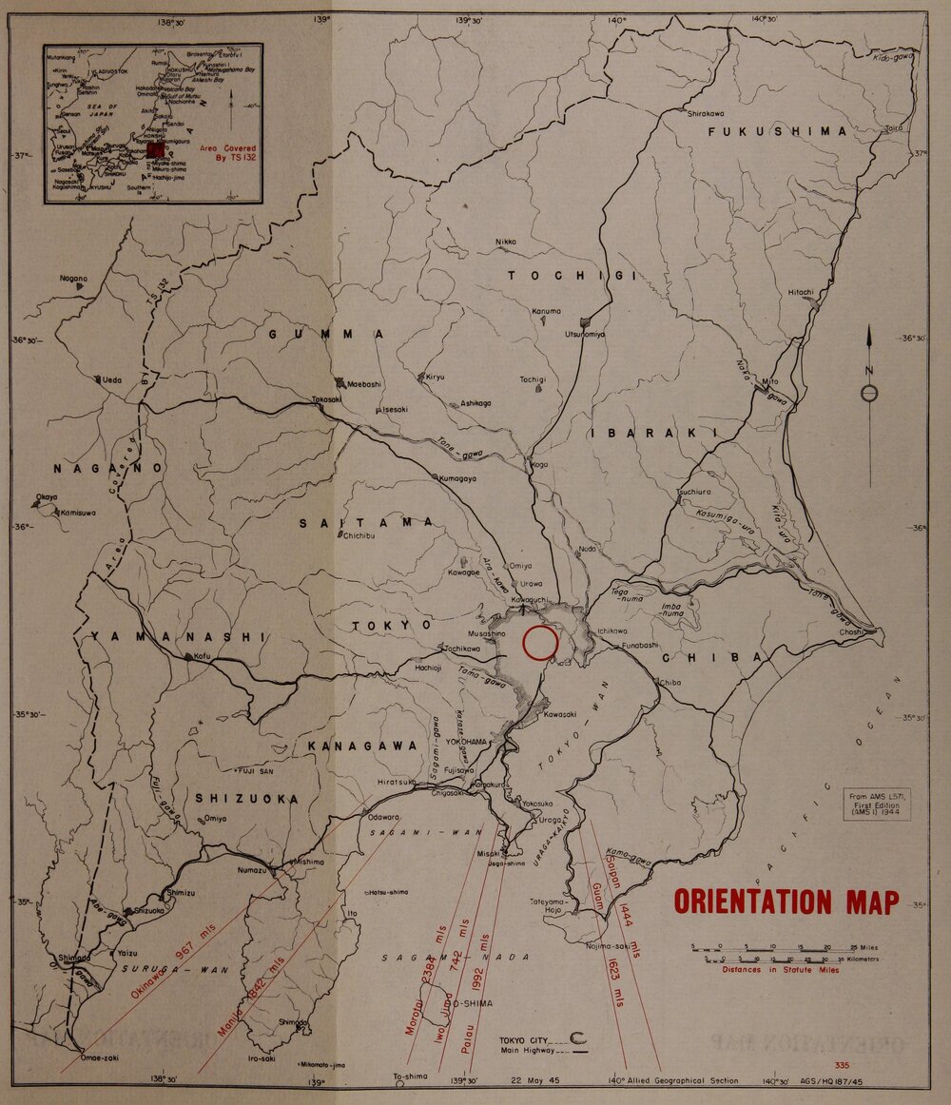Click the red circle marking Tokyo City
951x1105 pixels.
[x=540, y=643]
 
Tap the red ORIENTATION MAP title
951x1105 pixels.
[x=786, y=901]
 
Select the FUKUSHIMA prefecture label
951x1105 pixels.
[x=778, y=131]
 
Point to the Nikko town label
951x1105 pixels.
[x=506, y=242]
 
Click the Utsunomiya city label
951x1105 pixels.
[x=585, y=335]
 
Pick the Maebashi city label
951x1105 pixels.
[x=362, y=384]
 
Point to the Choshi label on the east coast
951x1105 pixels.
[x=850, y=632]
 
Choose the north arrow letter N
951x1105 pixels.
[x=869, y=371]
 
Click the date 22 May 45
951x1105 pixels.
[x=536, y=1078]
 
